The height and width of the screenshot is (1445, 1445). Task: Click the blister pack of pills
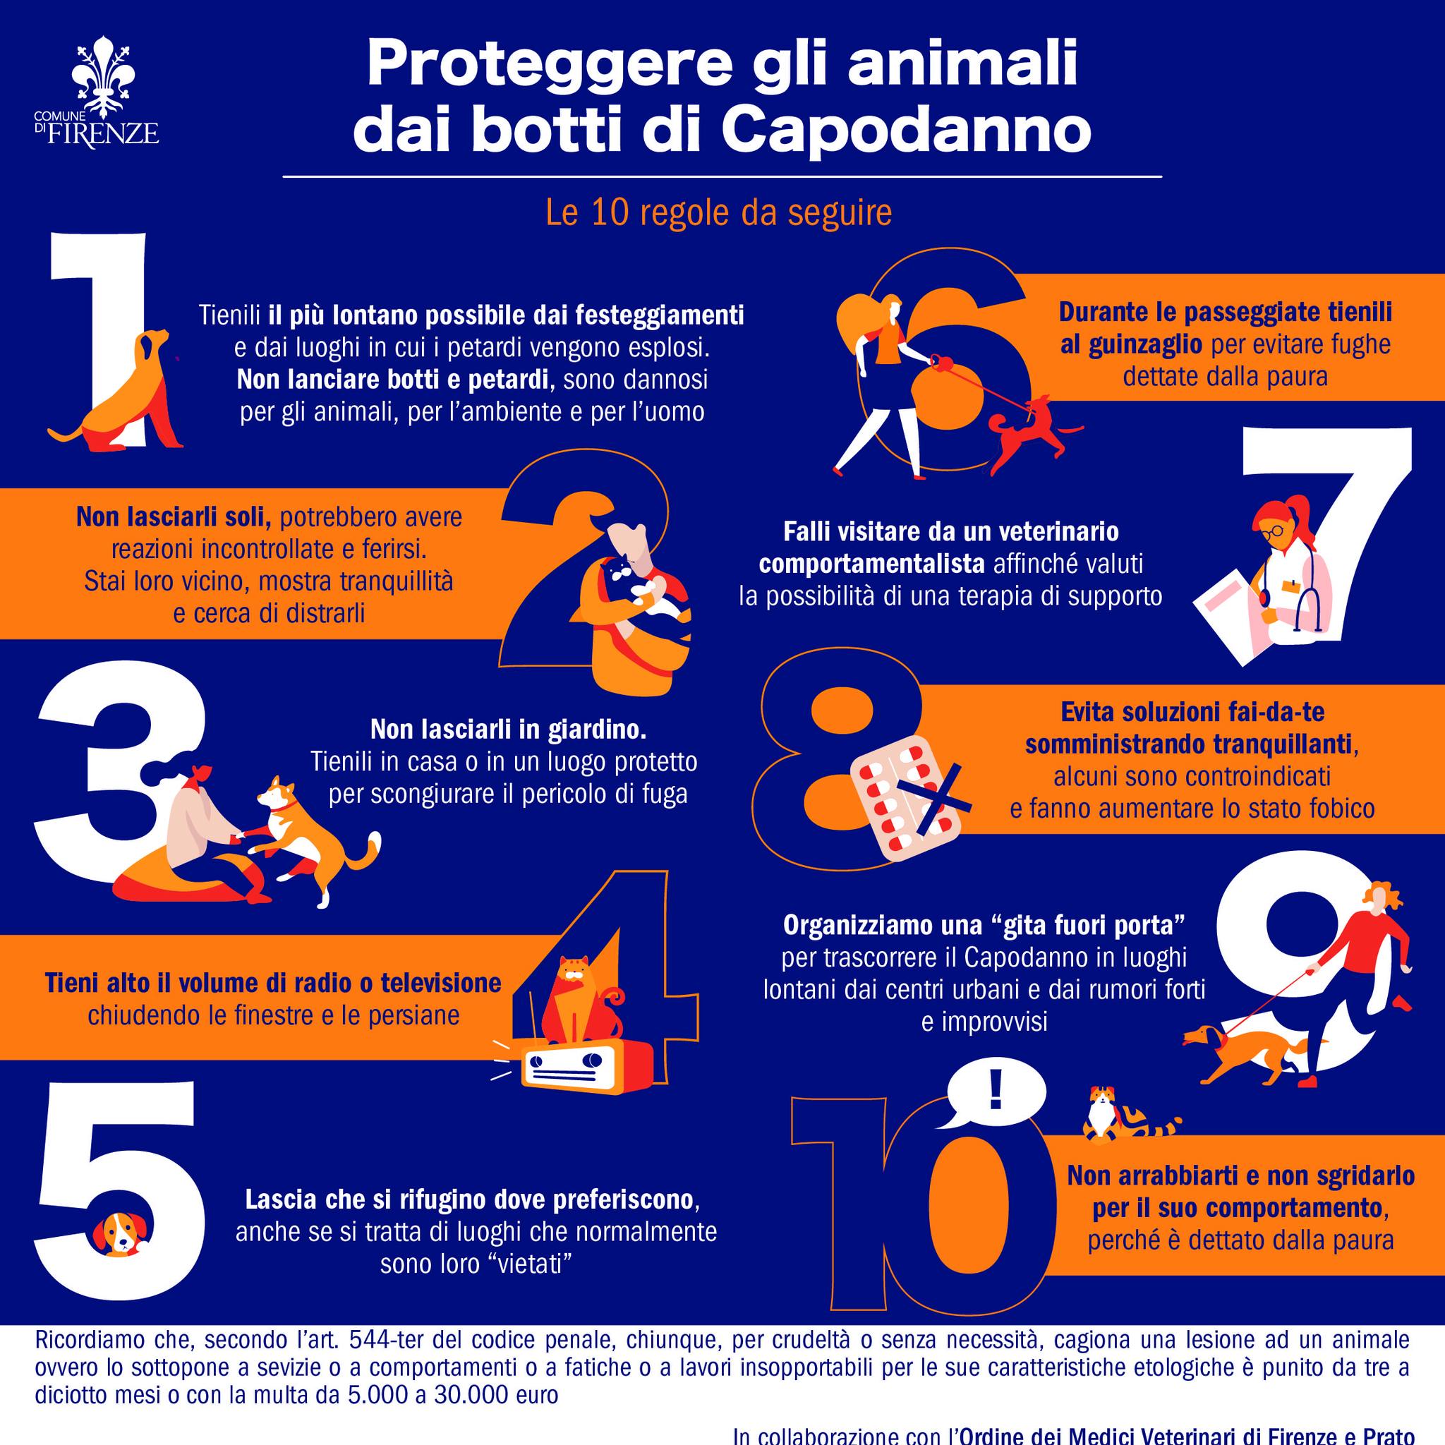coord(905,800)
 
